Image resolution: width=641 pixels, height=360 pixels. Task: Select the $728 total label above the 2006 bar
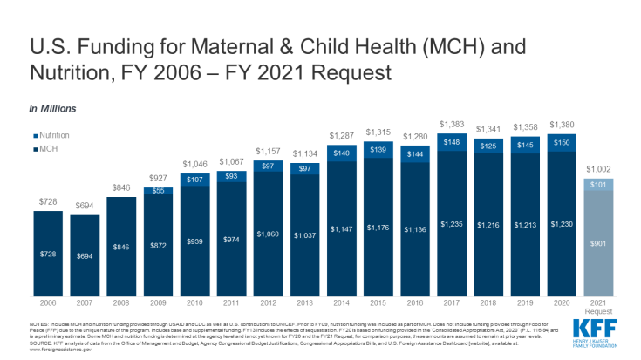click(x=48, y=201)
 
